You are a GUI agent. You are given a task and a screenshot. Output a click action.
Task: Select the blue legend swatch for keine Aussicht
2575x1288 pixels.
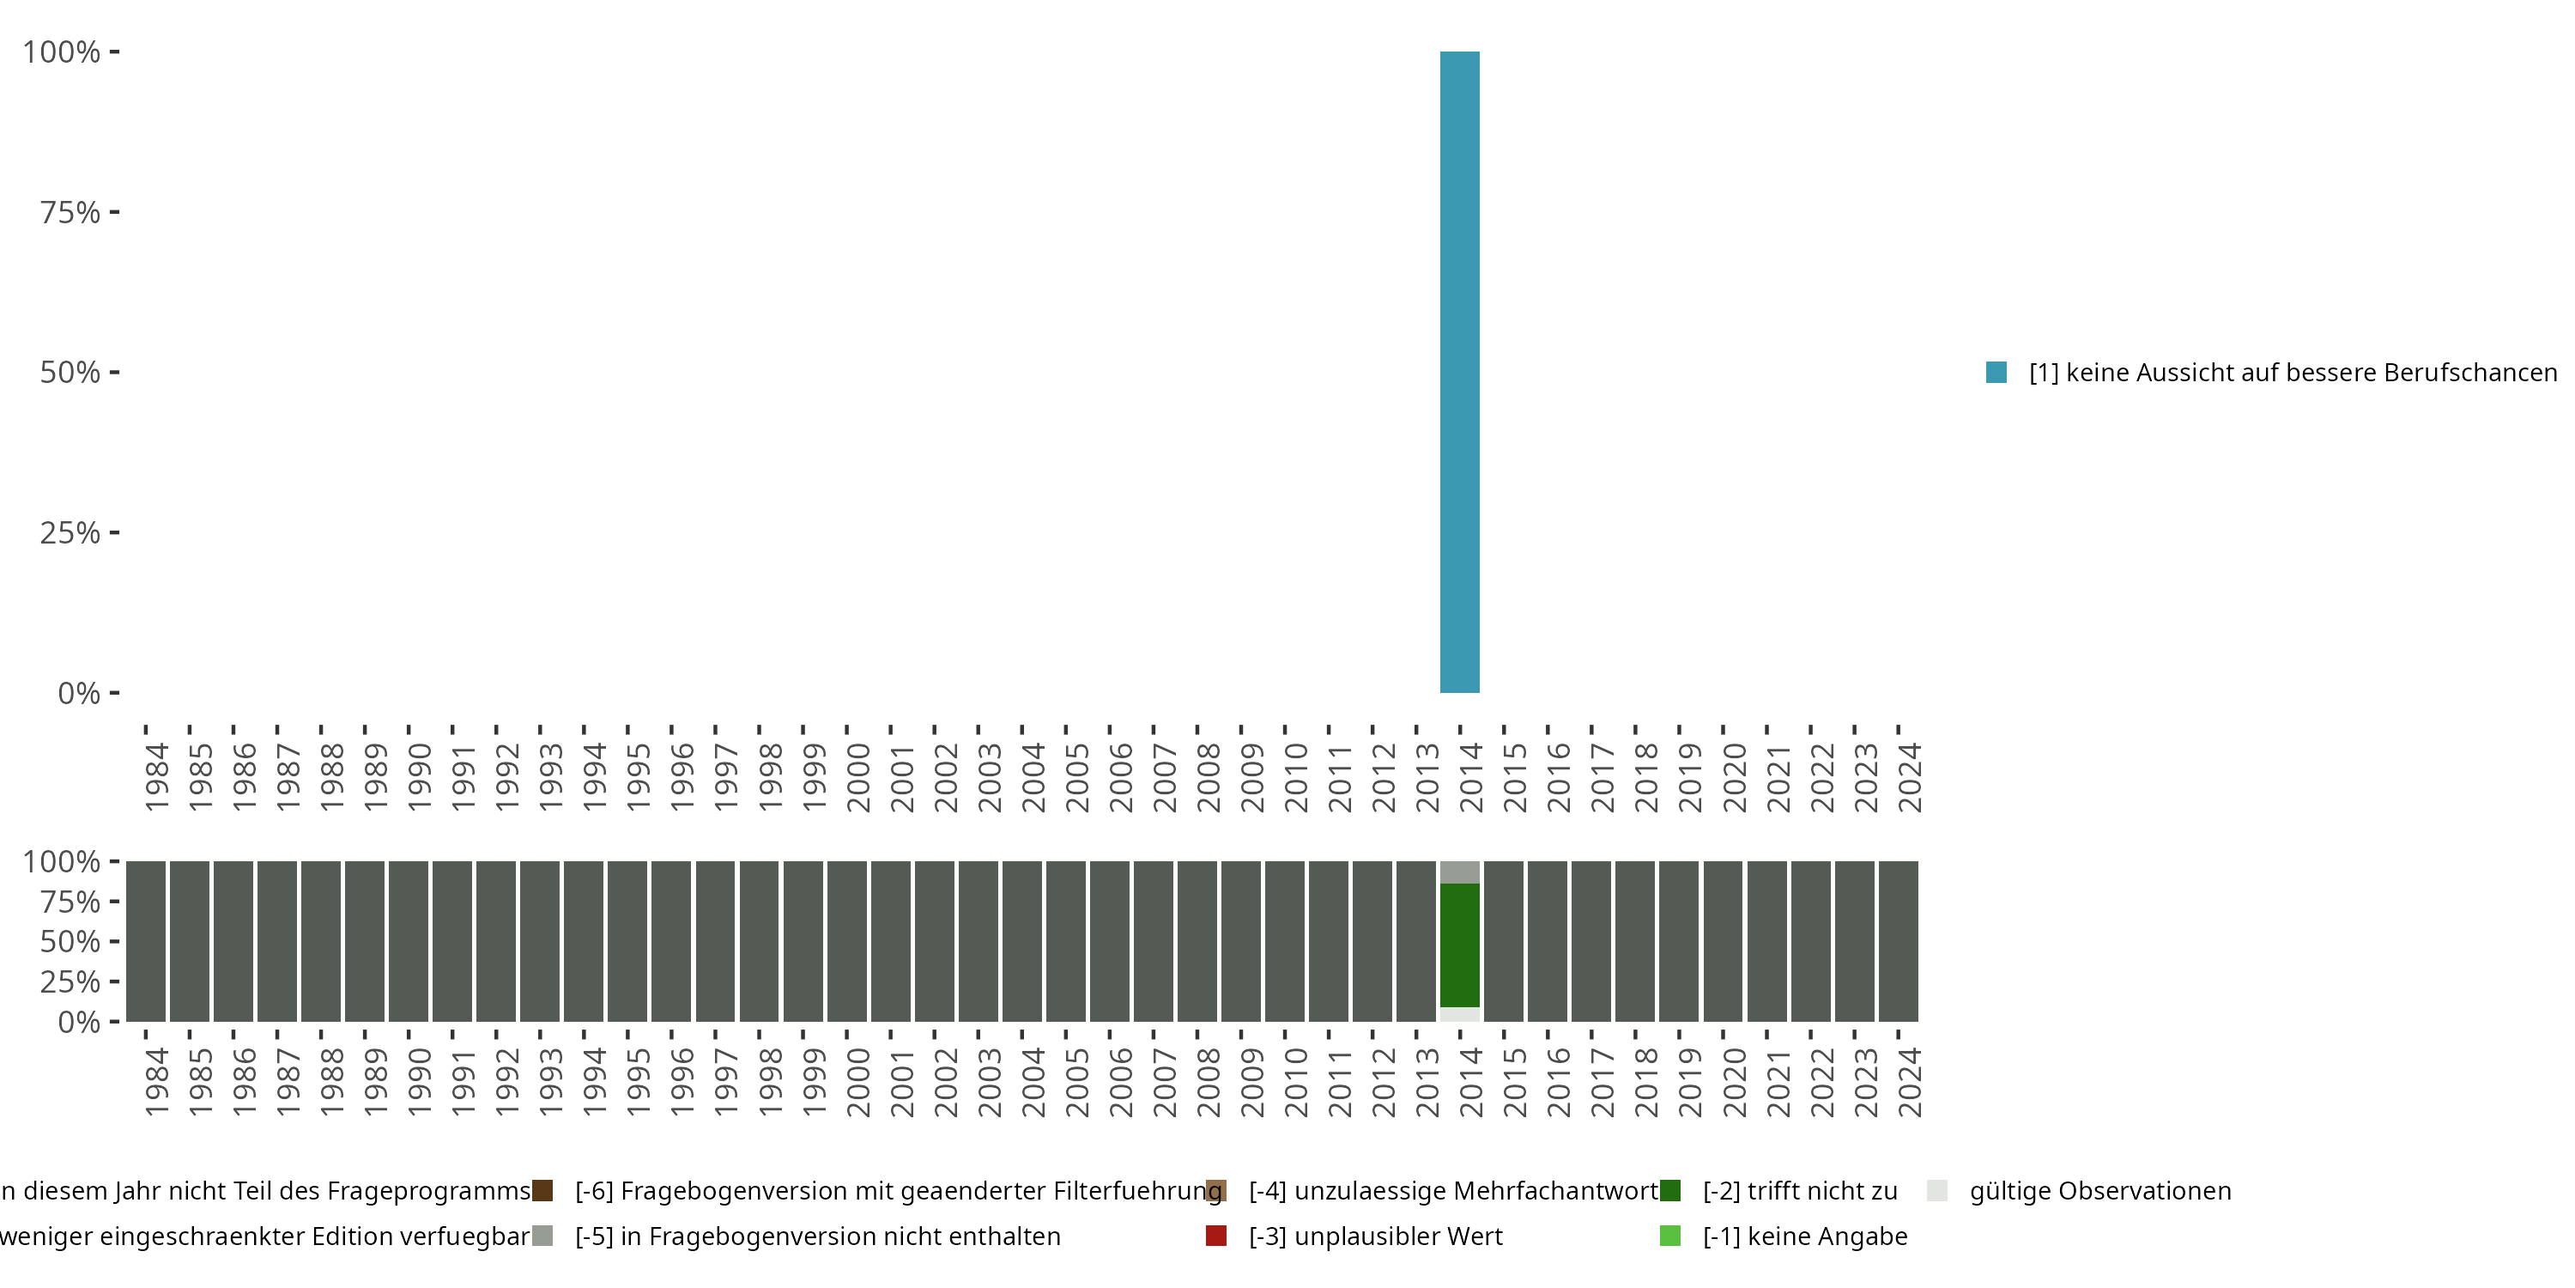tap(1996, 372)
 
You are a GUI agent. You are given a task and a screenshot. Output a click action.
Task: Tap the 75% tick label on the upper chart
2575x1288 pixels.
tap(70, 212)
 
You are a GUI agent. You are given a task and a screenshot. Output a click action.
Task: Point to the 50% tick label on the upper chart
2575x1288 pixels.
tap(70, 372)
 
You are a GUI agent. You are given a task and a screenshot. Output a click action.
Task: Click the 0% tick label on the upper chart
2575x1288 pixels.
tap(79, 693)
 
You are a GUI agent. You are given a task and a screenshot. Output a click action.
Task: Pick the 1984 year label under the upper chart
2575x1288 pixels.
tap(157, 777)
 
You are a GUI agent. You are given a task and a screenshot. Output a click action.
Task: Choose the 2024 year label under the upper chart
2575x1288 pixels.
tap(1909, 777)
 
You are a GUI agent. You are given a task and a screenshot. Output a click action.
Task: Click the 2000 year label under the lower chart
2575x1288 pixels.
tap(857, 1082)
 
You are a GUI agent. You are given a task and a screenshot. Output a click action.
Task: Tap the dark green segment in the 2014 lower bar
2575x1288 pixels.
tap(1459, 945)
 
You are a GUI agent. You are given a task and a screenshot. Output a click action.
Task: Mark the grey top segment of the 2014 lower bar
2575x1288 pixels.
tap(1459, 872)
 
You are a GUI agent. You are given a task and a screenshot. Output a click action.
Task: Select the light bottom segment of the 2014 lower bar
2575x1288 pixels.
tap(1459, 1014)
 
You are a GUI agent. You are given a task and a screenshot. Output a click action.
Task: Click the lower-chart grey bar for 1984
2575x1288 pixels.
tap(146, 941)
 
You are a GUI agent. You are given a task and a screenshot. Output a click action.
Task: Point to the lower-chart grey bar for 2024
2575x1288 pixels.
tap(1899, 941)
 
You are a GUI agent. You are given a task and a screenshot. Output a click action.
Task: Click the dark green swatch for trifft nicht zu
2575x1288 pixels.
tap(1670, 1191)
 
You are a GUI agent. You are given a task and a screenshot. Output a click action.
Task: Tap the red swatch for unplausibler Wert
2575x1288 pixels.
tap(1215, 1236)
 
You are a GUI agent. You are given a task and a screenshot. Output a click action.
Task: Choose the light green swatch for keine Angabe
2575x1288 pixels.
tap(1670, 1236)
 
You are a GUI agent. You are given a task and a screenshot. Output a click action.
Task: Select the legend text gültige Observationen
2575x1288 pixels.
tap(2099, 1191)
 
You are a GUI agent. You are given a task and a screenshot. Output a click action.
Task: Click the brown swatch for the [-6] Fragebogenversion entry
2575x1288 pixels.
tap(542, 1191)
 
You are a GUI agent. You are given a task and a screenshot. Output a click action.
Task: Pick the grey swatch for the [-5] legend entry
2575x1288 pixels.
tap(542, 1236)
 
